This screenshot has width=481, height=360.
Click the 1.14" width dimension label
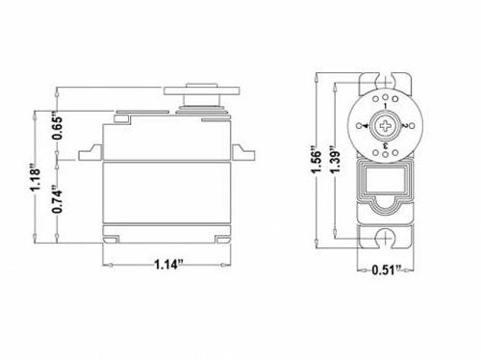click(x=168, y=265)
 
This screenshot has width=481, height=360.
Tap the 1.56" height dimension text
click(x=316, y=161)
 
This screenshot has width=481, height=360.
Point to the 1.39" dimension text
click(x=335, y=160)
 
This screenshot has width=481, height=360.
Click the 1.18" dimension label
click(x=35, y=178)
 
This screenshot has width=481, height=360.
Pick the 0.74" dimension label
click(x=58, y=199)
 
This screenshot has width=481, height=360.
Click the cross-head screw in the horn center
click(x=385, y=125)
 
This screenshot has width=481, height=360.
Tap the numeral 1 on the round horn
click(x=385, y=105)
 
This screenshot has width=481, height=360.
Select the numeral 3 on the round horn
click(x=386, y=146)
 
